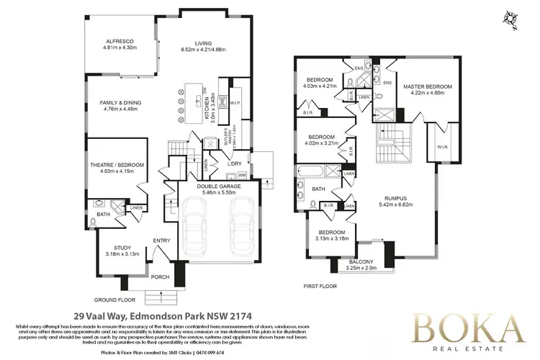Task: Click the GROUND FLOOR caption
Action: [x=116, y=299]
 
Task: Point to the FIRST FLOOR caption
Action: [x=320, y=286]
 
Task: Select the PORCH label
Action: [x=159, y=276]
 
